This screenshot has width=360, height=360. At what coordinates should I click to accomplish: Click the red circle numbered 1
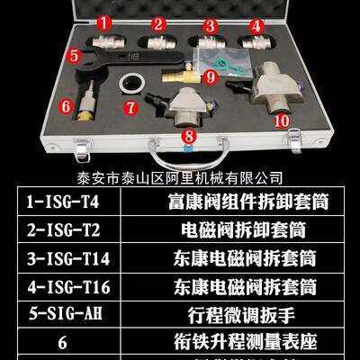(104, 21)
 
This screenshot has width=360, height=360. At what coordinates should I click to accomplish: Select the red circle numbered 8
(188, 136)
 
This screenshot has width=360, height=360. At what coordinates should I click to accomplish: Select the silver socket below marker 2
(157, 44)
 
